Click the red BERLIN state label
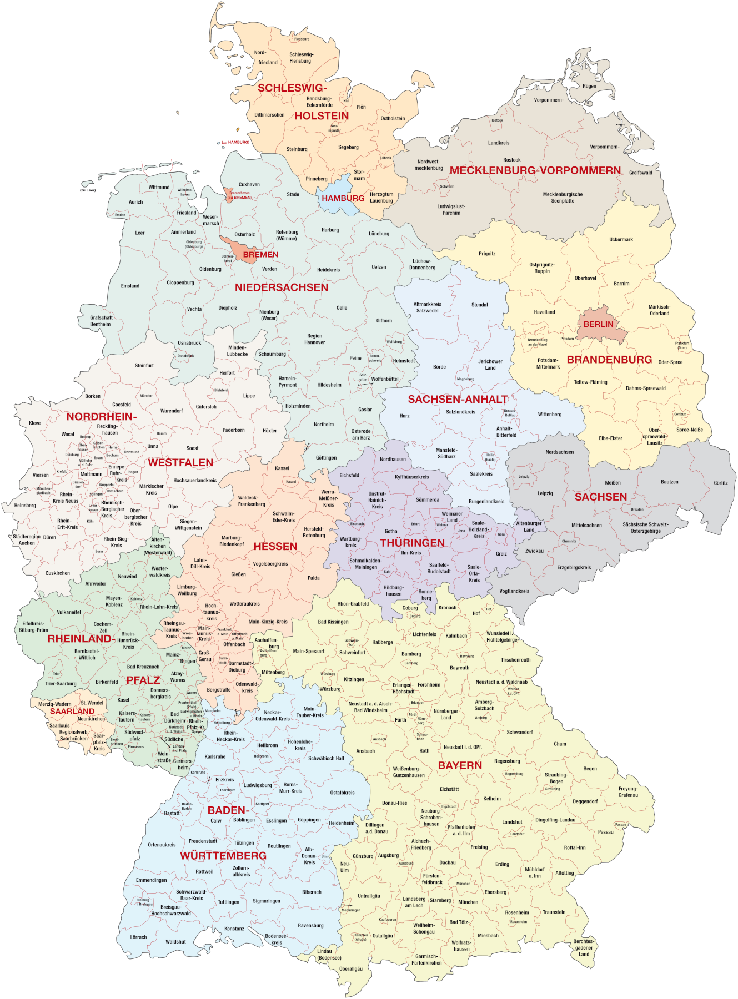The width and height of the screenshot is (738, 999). click(x=598, y=324)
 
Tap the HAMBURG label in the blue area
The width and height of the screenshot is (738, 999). click(x=343, y=198)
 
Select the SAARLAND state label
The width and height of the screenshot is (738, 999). click(x=72, y=711)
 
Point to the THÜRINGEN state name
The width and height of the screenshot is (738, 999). click(x=412, y=543)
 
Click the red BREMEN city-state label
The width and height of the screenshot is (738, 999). click(x=260, y=254)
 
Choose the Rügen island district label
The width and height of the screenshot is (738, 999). click(x=589, y=86)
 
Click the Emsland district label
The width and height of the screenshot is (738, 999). click(x=130, y=286)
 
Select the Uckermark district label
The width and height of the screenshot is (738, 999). click(x=621, y=240)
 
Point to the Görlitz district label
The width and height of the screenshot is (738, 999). click(x=720, y=483)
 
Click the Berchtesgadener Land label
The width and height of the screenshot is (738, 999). click(x=584, y=947)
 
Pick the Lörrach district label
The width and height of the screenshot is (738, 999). click(x=138, y=937)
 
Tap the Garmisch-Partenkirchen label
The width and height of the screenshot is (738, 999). click(x=426, y=960)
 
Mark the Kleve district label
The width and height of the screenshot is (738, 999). click(x=34, y=423)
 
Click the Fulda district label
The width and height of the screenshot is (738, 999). click(x=314, y=578)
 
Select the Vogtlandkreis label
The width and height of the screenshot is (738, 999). click(x=514, y=591)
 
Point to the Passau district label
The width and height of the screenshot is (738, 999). click(x=605, y=832)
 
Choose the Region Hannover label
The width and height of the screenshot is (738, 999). click(x=314, y=339)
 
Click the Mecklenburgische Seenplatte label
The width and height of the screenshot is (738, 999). click(x=563, y=198)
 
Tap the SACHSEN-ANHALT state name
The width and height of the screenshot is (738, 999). click(x=458, y=399)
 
